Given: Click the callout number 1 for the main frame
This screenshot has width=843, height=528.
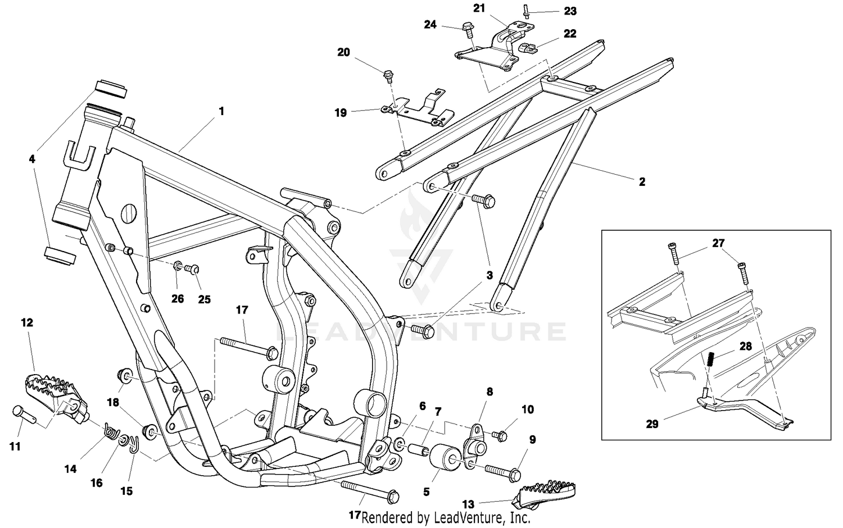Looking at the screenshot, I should (221, 111).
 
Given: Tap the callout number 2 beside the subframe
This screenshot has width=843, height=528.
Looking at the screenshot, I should (642, 182).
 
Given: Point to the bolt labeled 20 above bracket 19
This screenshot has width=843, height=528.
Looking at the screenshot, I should (387, 74).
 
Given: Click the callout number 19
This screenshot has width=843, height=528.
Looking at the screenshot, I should (341, 113).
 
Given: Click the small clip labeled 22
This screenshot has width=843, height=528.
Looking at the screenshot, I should (527, 48).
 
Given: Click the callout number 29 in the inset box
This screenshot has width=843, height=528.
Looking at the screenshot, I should (652, 424).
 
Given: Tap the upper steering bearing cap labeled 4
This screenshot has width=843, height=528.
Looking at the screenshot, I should (110, 88).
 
